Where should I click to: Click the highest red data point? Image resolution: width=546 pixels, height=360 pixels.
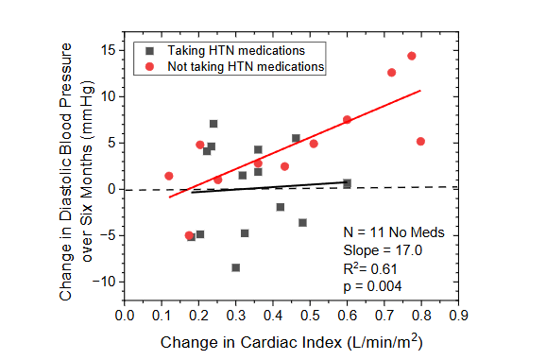411,56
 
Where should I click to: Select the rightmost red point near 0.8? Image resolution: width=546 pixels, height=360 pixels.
420,142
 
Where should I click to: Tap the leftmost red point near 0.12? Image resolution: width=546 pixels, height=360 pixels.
168,176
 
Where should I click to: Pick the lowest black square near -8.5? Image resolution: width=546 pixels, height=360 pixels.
235,267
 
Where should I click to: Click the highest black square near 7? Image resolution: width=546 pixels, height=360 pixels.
213,124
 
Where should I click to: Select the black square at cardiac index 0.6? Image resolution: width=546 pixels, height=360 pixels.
347,183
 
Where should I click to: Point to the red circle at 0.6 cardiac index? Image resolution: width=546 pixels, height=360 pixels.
347,120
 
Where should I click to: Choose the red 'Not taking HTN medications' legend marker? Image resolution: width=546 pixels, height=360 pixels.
150,67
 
